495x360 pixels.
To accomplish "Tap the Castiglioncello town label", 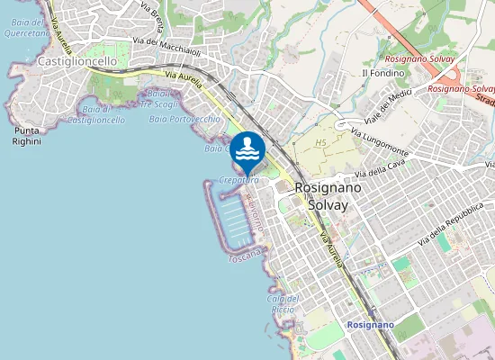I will (x=77, y=61).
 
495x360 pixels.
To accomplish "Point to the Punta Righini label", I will (x=27, y=136).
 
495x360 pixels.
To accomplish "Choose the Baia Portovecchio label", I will (x=184, y=119).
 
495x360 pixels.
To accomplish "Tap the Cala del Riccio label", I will (x=282, y=304).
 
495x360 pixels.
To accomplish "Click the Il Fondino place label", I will (x=379, y=73).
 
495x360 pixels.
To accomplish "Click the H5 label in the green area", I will (x=321, y=143).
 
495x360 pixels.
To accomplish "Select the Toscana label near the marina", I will (x=244, y=258).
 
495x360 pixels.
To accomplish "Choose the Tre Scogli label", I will (x=159, y=104).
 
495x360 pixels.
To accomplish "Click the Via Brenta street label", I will (x=151, y=15).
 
